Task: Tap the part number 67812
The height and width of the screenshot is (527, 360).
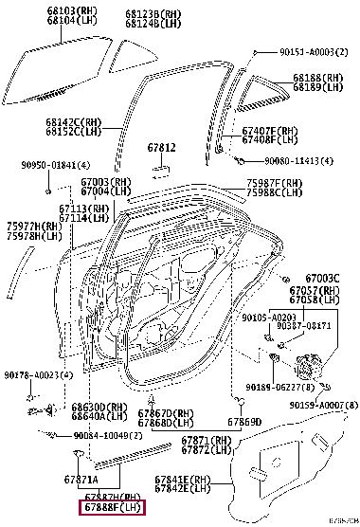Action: click(x=161, y=148)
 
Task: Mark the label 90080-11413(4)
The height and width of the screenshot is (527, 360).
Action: click(x=298, y=161)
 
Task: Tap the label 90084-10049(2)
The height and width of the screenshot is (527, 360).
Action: click(x=113, y=435)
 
